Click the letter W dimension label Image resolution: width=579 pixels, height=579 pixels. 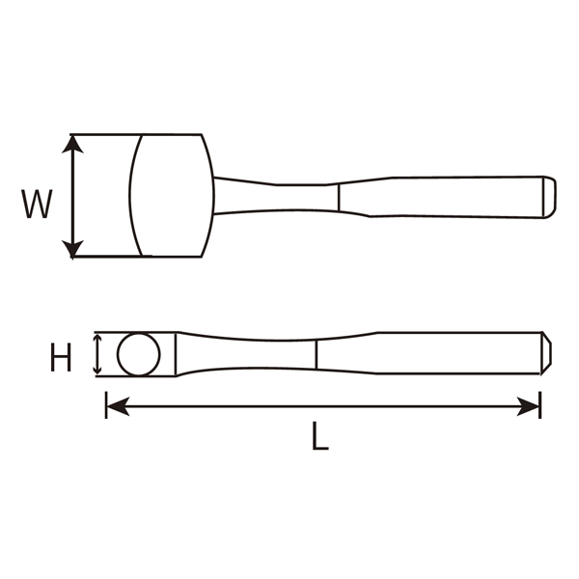pos(37,205)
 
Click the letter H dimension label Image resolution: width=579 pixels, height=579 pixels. pos(60,360)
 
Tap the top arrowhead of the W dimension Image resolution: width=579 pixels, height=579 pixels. pos(73,143)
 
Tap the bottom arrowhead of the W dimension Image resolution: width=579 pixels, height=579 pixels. pos(73,249)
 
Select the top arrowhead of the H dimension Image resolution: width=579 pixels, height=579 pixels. pos(96,339)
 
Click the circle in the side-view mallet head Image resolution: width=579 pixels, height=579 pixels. pos(139,354)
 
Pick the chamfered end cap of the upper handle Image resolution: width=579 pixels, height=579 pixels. pos(548,196)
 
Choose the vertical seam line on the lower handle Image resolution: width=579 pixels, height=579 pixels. pos(317,354)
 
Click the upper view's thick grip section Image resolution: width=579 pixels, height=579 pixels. pos(454,196)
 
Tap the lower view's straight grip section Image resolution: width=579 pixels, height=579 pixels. pos(454,354)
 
